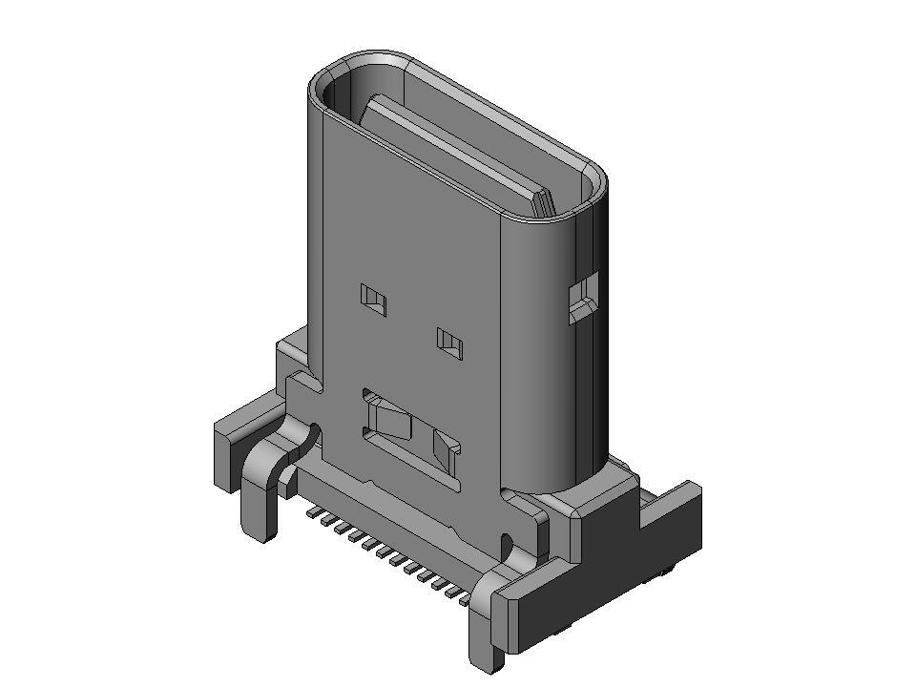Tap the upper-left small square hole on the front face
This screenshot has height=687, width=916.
(374, 300)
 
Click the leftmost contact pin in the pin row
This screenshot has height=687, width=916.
(311, 512)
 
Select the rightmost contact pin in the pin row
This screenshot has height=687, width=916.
(465, 600)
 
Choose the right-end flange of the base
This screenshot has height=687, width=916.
(668, 534)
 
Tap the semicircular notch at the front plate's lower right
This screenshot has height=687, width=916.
(507, 547)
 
